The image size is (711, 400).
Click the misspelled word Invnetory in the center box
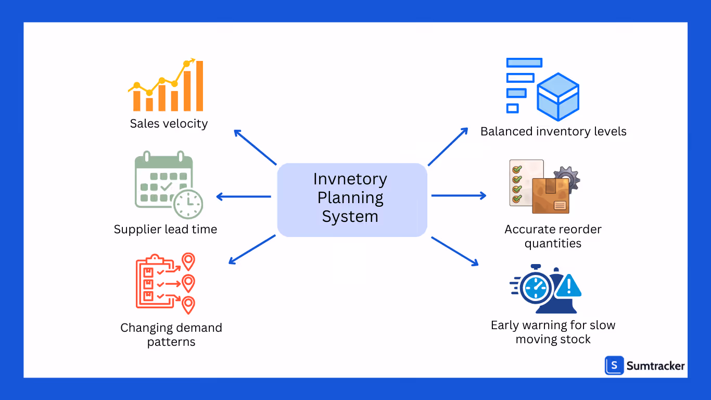click(350, 179)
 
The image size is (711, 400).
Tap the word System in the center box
click(350, 216)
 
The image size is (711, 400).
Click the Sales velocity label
click(169, 124)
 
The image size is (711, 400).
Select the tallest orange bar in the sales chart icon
click(199, 86)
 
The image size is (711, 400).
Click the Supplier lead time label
click(166, 229)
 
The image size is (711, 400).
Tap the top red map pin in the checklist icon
click(188, 260)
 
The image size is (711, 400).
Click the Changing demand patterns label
click(171, 334)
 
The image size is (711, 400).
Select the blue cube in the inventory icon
click(558, 97)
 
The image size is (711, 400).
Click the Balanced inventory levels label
click(553, 131)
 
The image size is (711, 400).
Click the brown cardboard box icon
click(551, 196)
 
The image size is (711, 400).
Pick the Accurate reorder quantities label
click(553, 236)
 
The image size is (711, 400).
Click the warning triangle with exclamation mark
click(568, 286)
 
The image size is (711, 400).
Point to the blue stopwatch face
click(536, 287)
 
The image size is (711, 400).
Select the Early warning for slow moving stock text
click(553, 332)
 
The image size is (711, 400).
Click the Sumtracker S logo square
click(614, 366)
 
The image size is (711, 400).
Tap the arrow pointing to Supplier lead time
click(243, 196)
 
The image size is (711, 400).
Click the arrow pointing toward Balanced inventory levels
click(448, 147)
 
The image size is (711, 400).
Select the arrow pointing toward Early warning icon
click(454, 251)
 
